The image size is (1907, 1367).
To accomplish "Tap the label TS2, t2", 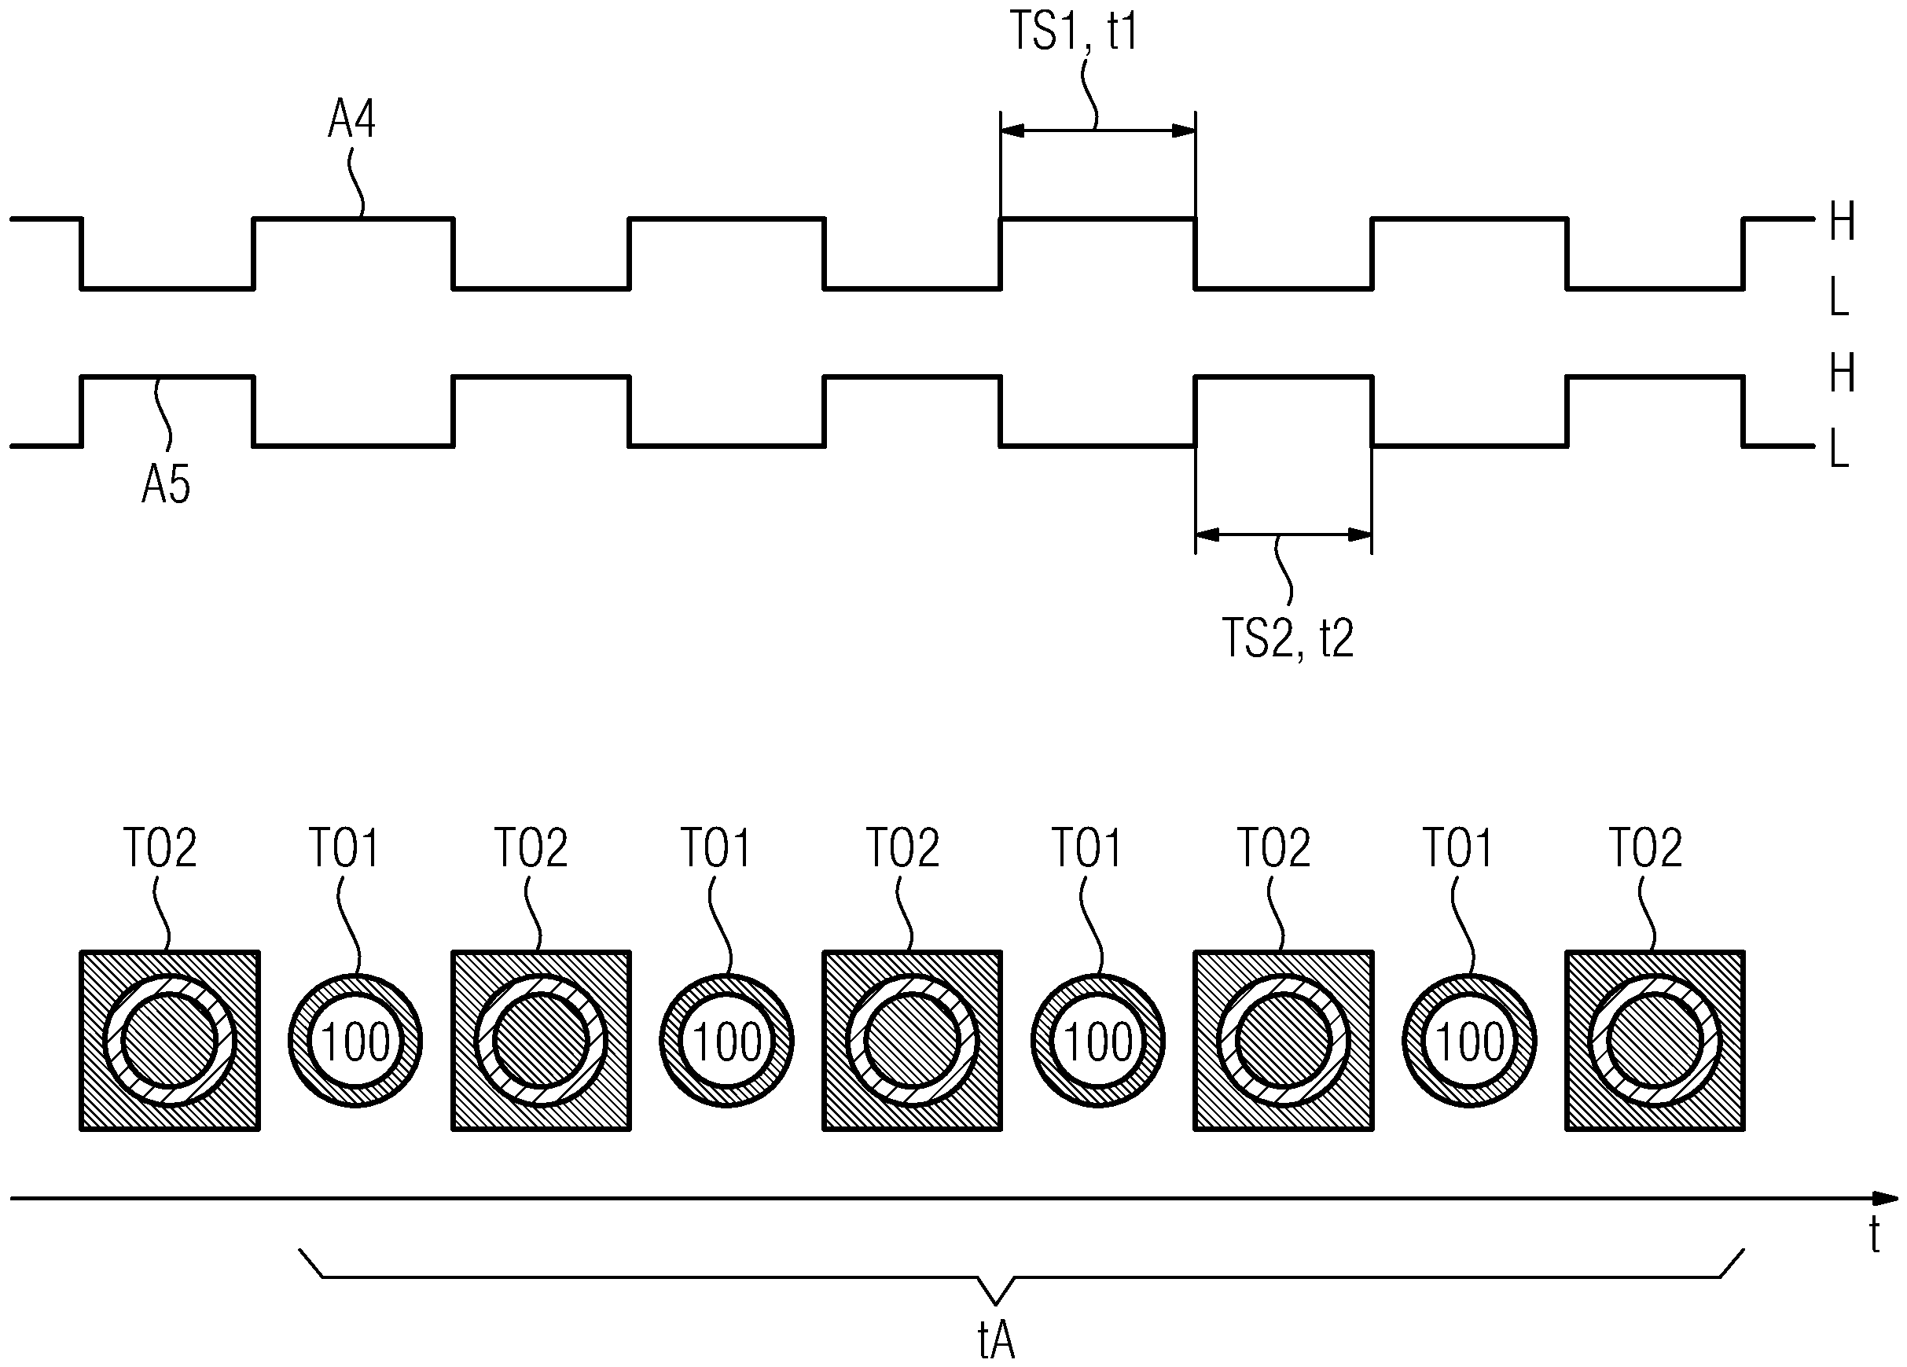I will [x=1288, y=638].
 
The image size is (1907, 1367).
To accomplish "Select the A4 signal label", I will [x=351, y=119].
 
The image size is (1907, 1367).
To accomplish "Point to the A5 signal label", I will [x=166, y=485].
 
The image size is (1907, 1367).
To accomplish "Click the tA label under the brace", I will [x=997, y=1341].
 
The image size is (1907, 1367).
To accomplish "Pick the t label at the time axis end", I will [x=1874, y=1236].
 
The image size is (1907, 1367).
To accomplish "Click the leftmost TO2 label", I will [x=160, y=847].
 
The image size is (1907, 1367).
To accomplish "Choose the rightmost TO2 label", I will [x=1645, y=847].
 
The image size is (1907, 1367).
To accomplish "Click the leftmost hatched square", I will [x=169, y=1041].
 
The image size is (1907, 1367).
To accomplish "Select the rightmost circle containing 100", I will [x=1469, y=1042].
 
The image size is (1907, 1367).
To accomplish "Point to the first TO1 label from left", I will [x=344, y=847].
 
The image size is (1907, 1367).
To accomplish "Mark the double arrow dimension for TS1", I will [x=1097, y=130].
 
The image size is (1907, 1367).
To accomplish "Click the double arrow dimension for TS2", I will [x=1283, y=535].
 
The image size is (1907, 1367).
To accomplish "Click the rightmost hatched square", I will [x=1654, y=1041].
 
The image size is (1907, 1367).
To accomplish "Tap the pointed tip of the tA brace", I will [x=995, y=1304].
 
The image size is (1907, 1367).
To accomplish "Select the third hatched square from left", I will [x=912, y=1041].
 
